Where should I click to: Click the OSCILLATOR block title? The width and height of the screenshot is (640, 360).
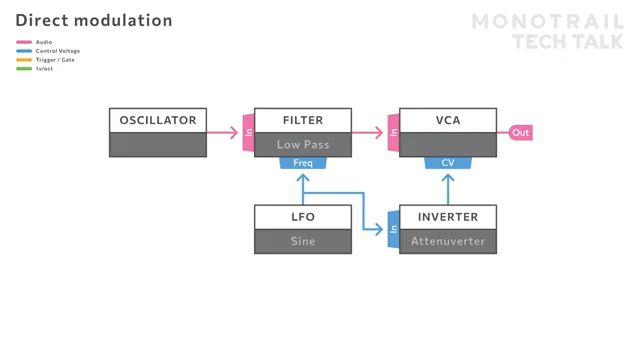pyautogui.click(x=158, y=120)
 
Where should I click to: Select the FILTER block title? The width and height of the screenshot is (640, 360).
pyautogui.click(x=303, y=120)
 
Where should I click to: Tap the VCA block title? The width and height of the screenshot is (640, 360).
pyautogui.click(x=448, y=120)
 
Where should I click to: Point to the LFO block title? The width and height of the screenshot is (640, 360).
pyautogui.click(x=303, y=217)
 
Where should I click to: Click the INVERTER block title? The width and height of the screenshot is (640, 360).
pyautogui.click(x=448, y=217)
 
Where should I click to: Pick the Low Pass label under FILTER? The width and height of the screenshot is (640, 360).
pyautogui.click(x=303, y=145)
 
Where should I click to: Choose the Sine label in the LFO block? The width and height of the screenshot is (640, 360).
pyautogui.click(x=303, y=241)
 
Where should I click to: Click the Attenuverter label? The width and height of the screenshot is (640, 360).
pyautogui.click(x=448, y=241)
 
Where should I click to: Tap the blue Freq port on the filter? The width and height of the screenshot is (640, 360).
pyautogui.click(x=303, y=163)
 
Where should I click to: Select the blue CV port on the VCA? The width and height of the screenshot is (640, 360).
pyautogui.click(x=448, y=163)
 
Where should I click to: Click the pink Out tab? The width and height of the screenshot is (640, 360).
pyautogui.click(x=520, y=133)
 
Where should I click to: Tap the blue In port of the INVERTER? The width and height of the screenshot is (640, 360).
pyautogui.click(x=394, y=230)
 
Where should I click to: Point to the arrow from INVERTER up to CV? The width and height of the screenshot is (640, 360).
pyautogui.click(x=448, y=188)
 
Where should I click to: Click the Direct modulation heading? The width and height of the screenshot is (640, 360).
pyautogui.click(x=94, y=20)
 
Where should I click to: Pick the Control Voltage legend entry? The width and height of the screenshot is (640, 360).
pyautogui.click(x=57, y=51)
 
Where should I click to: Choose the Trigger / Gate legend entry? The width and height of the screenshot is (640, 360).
pyautogui.click(x=55, y=60)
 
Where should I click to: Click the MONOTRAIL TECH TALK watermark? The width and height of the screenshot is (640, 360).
pyautogui.click(x=547, y=31)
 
